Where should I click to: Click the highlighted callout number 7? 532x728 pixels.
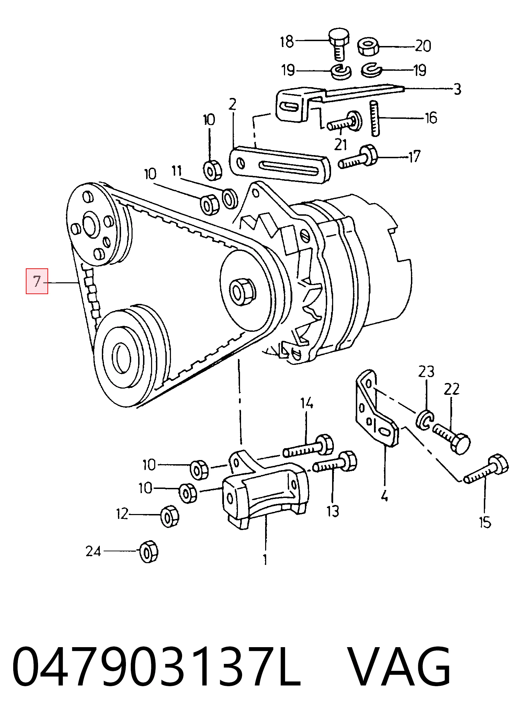[x=37, y=281]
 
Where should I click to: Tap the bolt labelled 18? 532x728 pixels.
[x=338, y=45]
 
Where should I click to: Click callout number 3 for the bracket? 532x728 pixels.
[x=457, y=89]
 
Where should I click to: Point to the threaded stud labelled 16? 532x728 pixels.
[x=375, y=118]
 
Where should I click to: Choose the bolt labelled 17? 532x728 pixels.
[x=358, y=157]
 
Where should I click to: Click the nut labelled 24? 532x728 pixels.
[x=148, y=551]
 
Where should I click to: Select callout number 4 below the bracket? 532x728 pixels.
[x=384, y=495]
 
